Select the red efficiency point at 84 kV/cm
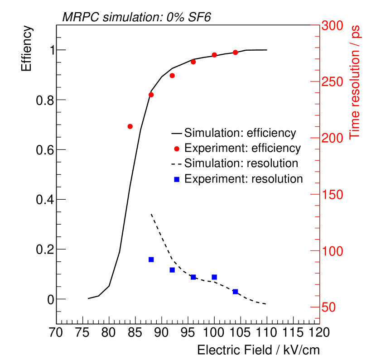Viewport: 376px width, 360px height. (130, 126)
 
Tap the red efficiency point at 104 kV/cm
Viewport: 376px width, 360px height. (235, 53)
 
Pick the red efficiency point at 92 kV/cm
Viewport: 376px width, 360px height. (172, 76)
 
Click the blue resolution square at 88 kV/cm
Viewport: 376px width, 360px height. (151, 259)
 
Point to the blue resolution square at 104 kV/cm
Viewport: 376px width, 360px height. (235, 292)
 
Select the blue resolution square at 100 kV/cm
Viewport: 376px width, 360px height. (214, 277)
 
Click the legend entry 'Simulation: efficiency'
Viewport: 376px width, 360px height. (240, 133)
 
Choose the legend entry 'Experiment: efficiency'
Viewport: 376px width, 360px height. (242, 148)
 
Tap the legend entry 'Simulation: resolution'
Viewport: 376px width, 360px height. (241, 163)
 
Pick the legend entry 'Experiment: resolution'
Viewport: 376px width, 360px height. (243, 179)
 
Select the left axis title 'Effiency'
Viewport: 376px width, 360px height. (27, 49)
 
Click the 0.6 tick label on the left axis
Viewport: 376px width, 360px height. (44, 150)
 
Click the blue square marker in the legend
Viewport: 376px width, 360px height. (177, 179)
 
